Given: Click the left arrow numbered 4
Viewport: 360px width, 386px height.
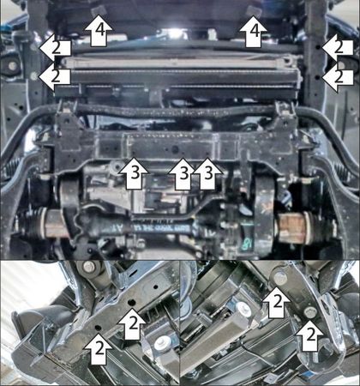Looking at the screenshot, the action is coord(98,32).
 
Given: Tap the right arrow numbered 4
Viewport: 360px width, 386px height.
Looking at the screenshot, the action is coord(253,32).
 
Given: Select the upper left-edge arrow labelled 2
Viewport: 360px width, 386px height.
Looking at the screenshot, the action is coord(55,48).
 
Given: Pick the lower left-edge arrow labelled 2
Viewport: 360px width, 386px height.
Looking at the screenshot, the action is coord(54,76).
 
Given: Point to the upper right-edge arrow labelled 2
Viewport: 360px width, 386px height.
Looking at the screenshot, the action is coord(338,48).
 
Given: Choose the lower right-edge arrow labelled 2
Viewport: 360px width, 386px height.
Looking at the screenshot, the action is coord(338,77).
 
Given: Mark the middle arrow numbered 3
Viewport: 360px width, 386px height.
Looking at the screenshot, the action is coord(183,174).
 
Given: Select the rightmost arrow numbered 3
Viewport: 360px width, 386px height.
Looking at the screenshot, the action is coord(207,174).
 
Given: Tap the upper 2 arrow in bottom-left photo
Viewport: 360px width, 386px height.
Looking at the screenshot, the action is coord(132,324).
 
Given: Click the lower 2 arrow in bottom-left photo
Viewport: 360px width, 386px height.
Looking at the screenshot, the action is coord(98,349).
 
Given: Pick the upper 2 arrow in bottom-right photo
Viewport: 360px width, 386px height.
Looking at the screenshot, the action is coord(276,302).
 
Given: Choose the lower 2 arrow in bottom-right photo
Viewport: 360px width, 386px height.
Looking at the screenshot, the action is coord(309,335).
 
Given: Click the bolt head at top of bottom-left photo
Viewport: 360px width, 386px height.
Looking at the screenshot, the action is coord(89,267).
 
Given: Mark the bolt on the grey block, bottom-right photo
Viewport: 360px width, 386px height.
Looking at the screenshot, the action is coord(243,308).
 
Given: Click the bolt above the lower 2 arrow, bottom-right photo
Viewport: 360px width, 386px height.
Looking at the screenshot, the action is coord(309,312).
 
